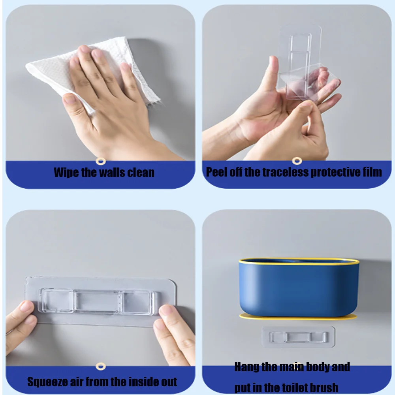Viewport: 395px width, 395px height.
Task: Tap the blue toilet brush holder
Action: click(299, 287)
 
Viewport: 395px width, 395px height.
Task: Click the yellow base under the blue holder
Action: click(298, 317)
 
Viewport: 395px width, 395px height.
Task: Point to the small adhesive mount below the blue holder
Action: click(299, 337)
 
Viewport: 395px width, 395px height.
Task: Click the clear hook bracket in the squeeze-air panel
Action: click(98, 301)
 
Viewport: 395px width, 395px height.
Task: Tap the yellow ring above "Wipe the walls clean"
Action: click(101, 161)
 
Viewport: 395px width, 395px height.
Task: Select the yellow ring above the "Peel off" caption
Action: click(297, 161)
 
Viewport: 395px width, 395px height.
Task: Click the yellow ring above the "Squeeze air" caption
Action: click(101, 367)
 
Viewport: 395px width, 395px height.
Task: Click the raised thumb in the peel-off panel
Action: click(271, 75)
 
